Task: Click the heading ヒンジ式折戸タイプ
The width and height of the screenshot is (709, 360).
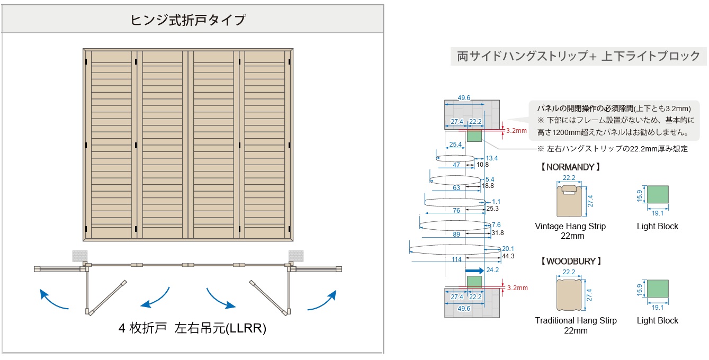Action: (x=188, y=20)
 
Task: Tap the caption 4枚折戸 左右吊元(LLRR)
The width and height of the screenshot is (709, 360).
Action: (x=192, y=328)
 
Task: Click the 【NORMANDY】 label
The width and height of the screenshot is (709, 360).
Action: (x=570, y=167)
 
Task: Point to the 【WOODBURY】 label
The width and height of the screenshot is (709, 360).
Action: (x=570, y=261)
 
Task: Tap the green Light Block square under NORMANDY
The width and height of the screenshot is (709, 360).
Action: (x=658, y=196)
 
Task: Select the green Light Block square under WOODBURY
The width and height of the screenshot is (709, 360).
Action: (x=658, y=290)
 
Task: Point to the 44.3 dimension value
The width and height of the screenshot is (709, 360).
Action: (x=508, y=256)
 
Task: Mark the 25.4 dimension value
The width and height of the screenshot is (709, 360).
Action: (x=455, y=145)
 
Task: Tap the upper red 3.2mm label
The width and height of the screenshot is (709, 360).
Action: (x=517, y=130)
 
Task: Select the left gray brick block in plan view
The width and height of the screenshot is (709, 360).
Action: (x=79, y=256)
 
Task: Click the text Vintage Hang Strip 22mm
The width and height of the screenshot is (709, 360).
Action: (x=570, y=231)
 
